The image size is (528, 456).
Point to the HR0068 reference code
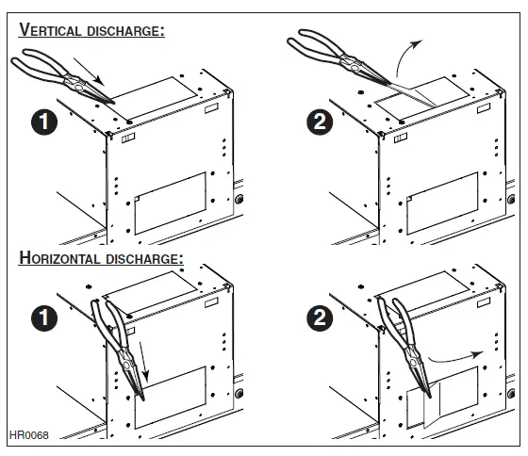click(x=28, y=434)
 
